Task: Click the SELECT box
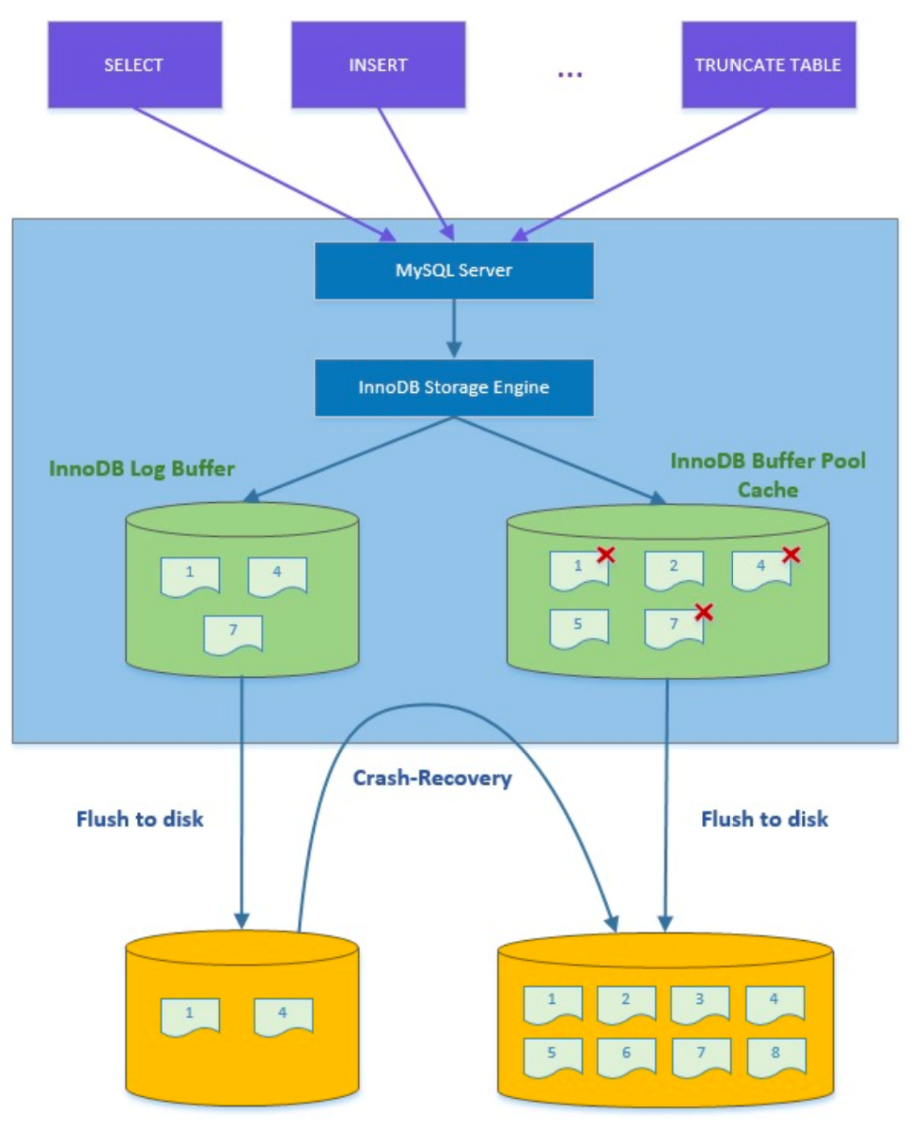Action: tap(135, 65)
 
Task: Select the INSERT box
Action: tap(378, 65)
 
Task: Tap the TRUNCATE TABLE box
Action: tap(768, 65)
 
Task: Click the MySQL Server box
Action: tap(454, 270)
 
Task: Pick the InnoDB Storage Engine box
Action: tap(454, 387)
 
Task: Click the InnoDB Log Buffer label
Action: tap(142, 469)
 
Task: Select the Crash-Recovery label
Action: tap(432, 778)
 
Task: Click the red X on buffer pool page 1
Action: tap(606, 554)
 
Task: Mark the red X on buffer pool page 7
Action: tap(704, 612)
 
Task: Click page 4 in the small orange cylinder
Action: tap(283, 1016)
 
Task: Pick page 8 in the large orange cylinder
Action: tap(775, 1056)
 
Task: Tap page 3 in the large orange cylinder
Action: tap(700, 1003)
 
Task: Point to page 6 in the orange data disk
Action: tap(626, 1056)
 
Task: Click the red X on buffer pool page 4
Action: tap(791, 554)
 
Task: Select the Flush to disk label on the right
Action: tap(764, 819)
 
